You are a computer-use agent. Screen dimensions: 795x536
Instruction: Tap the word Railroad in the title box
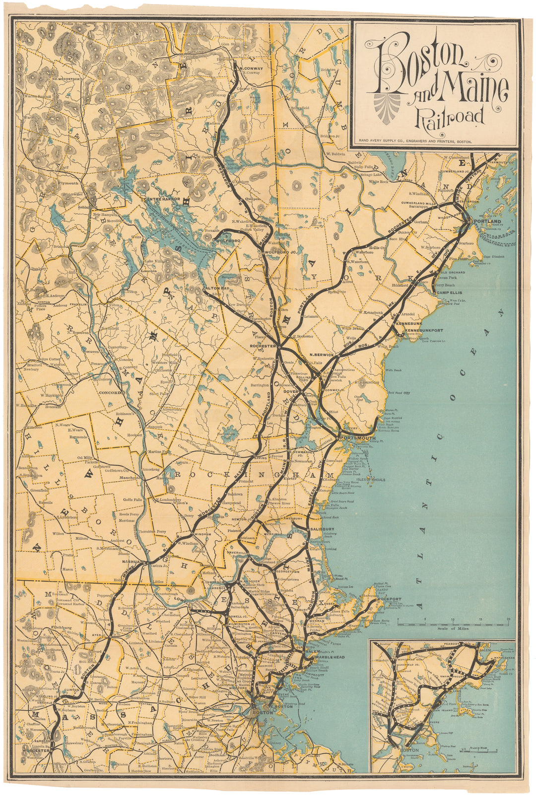click(450, 116)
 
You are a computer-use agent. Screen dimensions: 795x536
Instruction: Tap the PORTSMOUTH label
click(358, 438)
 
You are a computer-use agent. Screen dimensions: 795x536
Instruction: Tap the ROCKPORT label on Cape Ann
click(389, 599)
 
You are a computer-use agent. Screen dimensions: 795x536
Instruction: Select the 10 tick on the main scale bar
click(452, 620)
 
